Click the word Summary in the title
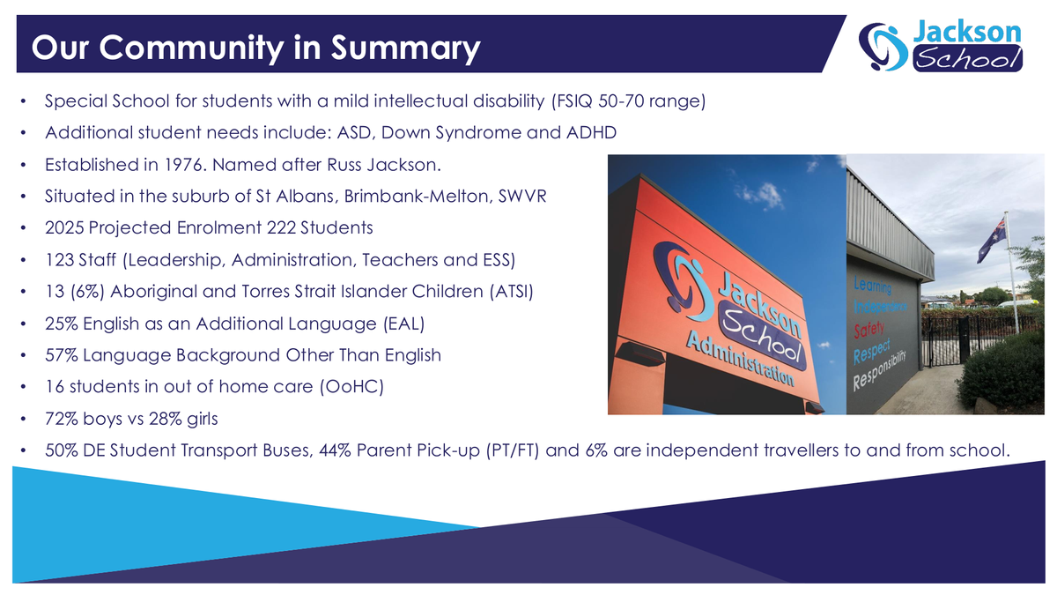(x=405, y=48)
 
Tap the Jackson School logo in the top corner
(x=941, y=45)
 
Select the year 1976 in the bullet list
(x=184, y=165)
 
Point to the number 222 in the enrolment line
(x=281, y=227)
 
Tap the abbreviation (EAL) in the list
(x=404, y=324)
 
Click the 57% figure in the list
(x=62, y=355)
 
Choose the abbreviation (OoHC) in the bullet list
(x=352, y=387)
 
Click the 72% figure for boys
(x=62, y=419)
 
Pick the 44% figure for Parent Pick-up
(x=335, y=450)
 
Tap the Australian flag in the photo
(x=992, y=239)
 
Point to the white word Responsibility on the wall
(x=879, y=372)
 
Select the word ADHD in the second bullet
(x=591, y=133)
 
